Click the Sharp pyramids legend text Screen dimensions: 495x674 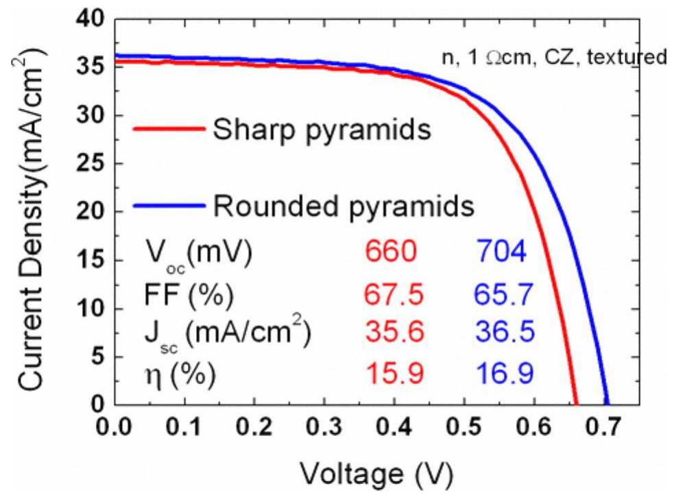click(321, 129)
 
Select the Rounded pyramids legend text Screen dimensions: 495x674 click(344, 205)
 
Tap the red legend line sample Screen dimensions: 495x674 click(168, 128)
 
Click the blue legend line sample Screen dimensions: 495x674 click(168, 204)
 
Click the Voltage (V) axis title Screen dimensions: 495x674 click(376, 473)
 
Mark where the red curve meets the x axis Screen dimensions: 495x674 click(577, 405)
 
